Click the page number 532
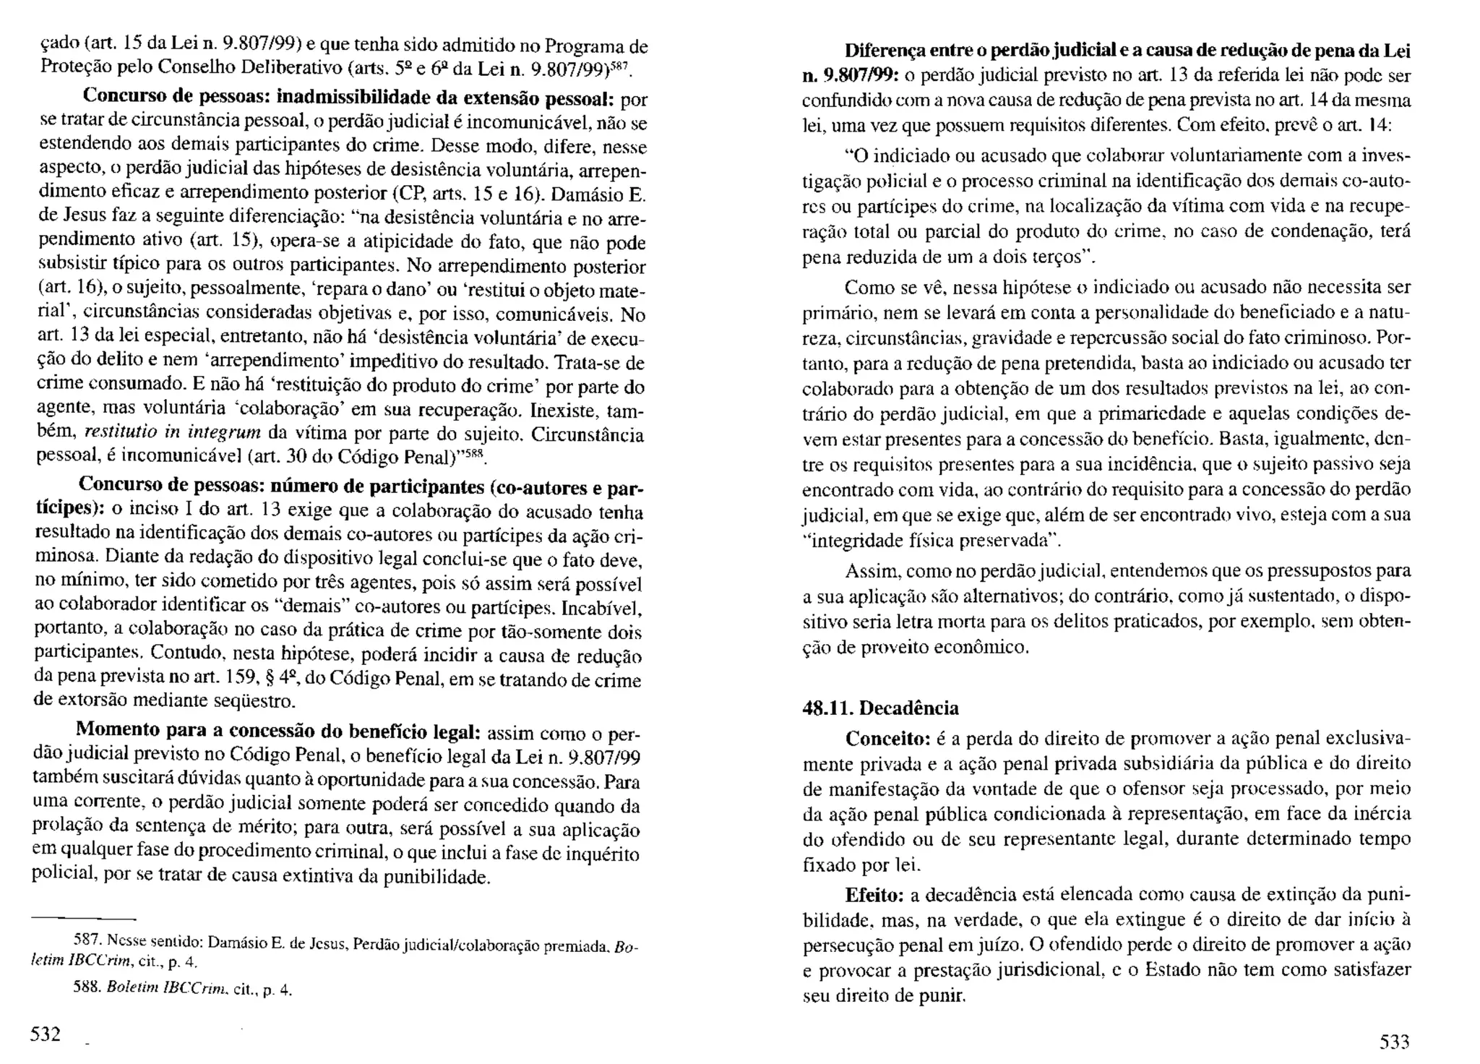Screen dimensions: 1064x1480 pos(45,1034)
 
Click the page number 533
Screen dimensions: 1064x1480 pos(1395,1042)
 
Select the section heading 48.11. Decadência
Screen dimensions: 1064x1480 pos(881,708)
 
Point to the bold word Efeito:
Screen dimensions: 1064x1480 pos(874,895)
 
